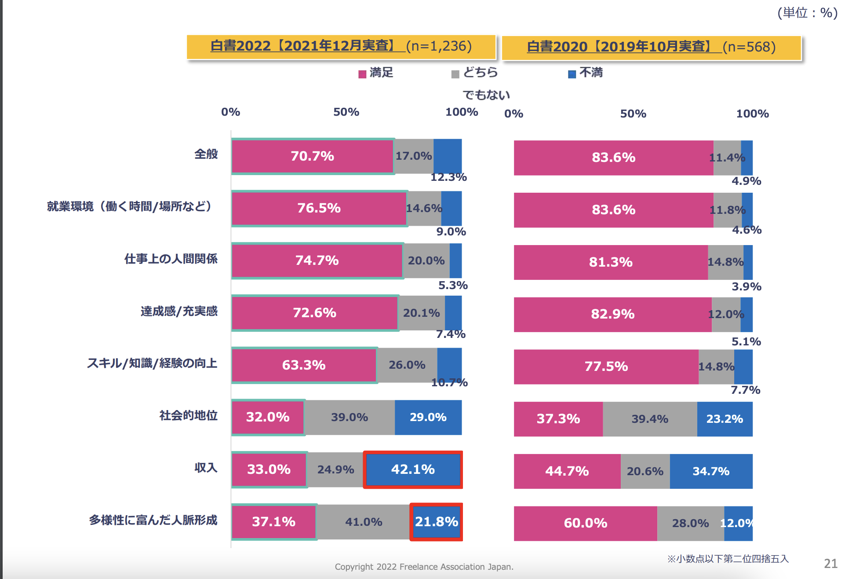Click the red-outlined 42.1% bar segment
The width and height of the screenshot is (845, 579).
click(413, 469)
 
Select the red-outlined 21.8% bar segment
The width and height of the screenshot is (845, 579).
click(436, 522)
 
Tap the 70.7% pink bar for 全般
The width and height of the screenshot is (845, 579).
click(313, 156)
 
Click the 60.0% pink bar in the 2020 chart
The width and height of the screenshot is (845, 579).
click(585, 523)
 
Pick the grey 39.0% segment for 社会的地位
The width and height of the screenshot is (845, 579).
click(350, 417)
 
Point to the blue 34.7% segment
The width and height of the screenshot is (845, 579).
click(711, 471)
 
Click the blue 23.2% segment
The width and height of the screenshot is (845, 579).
click(725, 419)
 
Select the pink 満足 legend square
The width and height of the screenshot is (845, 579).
click(362, 74)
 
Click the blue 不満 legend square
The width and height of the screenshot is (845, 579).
click(572, 74)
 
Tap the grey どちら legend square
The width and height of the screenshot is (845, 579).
click(455, 74)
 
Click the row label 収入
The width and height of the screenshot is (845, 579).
click(206, 468)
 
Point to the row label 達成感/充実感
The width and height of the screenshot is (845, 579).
click(179, 311)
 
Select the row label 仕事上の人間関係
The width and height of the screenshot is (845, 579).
click(171, 259)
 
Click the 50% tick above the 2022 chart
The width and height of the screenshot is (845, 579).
click(346, 112)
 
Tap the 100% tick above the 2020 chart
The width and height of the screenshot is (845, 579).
click(752, 114)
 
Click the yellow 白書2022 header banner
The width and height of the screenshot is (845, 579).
click(341, 46)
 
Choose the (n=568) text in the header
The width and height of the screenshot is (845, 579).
click(749, 47)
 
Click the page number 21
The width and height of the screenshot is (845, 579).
click(830, 564)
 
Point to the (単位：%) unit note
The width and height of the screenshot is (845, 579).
click(807, 13)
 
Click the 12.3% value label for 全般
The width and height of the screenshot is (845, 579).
click(448, 177)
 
